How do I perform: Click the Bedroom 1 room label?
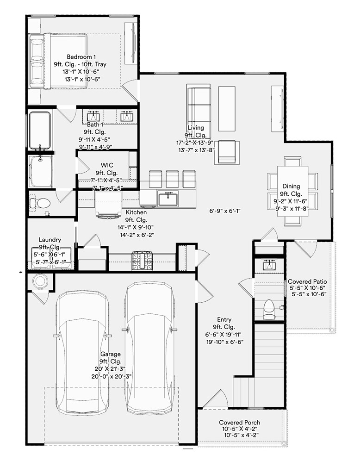(x=81, y=56)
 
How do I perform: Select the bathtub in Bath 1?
(x=40, y=130)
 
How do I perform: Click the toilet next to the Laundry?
(x=41, y=203)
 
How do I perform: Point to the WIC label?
(x=107, y=165)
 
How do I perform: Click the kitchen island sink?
(x=168, y=199)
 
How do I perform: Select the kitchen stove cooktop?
(x=143, y=261)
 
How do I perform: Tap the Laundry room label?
(x=50, y=240)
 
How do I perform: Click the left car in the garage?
(x=81, y=352)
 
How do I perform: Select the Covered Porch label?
(x=239, y=422)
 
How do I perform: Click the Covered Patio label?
(x=307, y=281)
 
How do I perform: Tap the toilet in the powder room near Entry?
(x=269, y=309)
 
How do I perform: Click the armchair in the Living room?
(x=227, y=152)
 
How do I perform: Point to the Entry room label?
(x=224, y=319)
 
